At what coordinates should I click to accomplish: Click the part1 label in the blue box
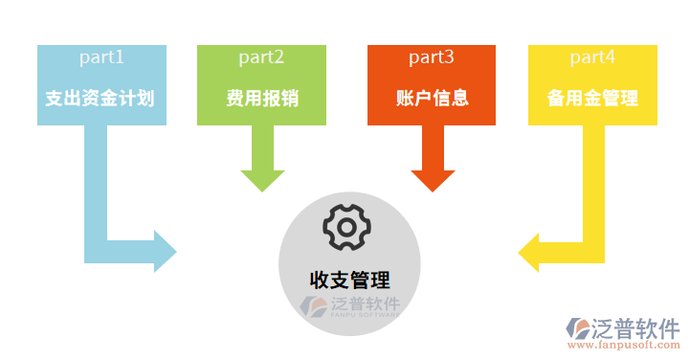pyautogui.click(x=101, y=57)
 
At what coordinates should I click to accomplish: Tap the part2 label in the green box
pyautogui.click(x=261, y=57)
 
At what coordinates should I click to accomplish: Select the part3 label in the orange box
pyautogui.click(x=432, y=57)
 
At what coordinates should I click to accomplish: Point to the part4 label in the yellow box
pyautogui.click(x=592, y=57)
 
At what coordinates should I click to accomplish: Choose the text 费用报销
pyautogui.click(x=261, y=98)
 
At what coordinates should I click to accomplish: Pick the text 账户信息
pyautogui.click(x=432, y=98)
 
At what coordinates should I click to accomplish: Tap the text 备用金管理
pyautogui.click(x=592, y=98)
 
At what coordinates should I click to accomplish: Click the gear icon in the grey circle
pyautogui.click(x=345, y=227)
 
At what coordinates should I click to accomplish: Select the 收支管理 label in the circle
pyautogui.click(x=349, y=280)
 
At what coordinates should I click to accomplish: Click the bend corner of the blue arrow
pyautogui.click(x=97, y=250)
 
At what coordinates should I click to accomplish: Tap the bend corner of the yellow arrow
pyautogui.click(x=593, y=250)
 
